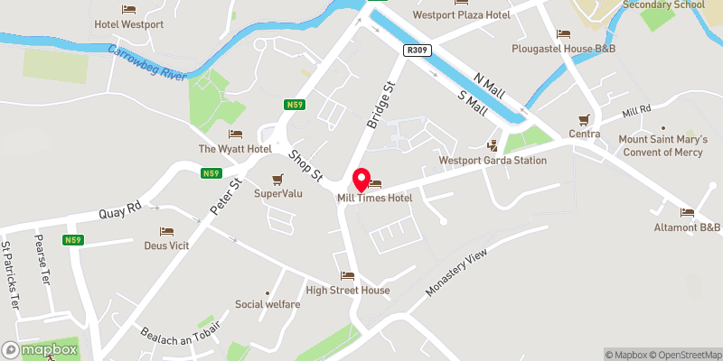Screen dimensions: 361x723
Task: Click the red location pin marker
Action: coord(361,179)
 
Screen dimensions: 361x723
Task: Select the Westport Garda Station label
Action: coord(493,161)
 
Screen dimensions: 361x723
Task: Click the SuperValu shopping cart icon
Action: coord(278,179)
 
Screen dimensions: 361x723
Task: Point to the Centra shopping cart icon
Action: coord(585,120)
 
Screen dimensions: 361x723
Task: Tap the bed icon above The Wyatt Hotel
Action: coord(235,134)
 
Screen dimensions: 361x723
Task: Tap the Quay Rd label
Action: coord(122,210)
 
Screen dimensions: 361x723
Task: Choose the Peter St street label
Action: coord(226,197)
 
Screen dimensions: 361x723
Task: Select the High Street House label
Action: coord(348,290)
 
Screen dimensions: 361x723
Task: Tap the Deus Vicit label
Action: coord(166,245)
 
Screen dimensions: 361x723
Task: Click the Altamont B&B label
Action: coord(688,227)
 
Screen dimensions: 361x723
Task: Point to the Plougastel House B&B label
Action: coord(563,48)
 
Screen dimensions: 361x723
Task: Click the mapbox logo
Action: coord(40,349)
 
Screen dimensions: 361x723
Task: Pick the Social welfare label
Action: coord(268,304)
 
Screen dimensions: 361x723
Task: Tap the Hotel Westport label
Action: coord(129,24)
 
